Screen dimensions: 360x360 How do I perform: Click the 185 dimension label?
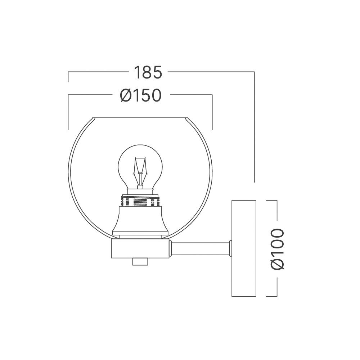148,72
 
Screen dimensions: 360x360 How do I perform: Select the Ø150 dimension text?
140,96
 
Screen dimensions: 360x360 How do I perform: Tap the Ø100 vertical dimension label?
278,249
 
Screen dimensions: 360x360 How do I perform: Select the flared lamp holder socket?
140,221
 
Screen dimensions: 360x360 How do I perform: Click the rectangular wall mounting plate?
244,248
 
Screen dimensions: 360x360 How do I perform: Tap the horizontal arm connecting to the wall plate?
200,248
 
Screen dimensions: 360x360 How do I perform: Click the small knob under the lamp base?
140,261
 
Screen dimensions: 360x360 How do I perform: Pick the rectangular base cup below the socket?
140,248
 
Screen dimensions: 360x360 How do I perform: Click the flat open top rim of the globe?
140,117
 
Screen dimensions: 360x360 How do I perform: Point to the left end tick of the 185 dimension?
68,77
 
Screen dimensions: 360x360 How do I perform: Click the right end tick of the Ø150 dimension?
212,112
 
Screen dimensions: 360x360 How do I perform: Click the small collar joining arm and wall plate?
230,248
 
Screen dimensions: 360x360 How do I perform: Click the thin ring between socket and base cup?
140,237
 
